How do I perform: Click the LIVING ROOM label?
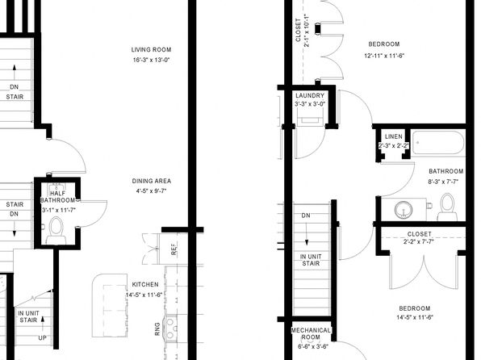point(151,49)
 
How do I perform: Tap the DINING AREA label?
point(152,181)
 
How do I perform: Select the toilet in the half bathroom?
point(56,230)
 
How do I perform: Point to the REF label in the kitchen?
point(174,249)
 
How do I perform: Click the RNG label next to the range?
point(157,329)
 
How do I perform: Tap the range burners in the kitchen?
point(170,329)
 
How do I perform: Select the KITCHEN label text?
point(145,284)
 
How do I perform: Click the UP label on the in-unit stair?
point(42,338)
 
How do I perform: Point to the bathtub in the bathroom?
point(439,144)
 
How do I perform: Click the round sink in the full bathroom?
point(403,210)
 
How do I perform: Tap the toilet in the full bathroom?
point(447,207)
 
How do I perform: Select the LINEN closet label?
point(394,136)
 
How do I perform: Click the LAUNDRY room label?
point(310,95)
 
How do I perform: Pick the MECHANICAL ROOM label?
point(311,333)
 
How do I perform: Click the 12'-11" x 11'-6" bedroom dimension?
point(384,56)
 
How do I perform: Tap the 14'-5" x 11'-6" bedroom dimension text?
point(415,317)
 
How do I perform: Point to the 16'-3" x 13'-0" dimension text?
point(151,60)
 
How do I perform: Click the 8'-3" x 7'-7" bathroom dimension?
point(443,182)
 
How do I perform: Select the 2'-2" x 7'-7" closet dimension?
point(419,241)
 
